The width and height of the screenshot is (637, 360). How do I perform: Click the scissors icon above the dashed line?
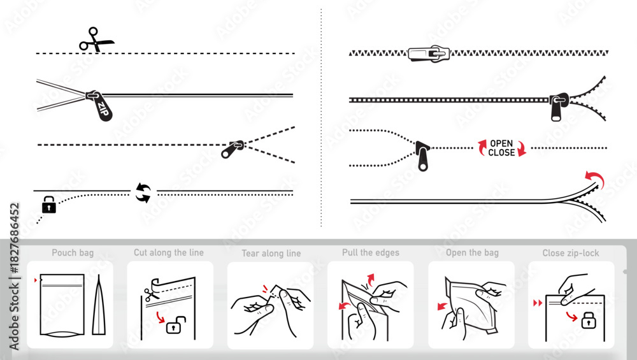coord(96,40)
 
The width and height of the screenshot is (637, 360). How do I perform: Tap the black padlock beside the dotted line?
coord(49,205)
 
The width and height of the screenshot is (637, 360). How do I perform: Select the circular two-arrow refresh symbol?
coord(143,193)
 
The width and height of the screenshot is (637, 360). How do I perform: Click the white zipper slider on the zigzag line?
coord(429,54)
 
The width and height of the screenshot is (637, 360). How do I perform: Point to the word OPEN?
coord(501,143)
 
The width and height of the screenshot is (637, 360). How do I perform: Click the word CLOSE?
coord(501,152)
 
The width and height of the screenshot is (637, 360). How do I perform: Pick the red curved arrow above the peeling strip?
coord(595,178)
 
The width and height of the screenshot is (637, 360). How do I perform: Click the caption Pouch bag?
coord(73,253)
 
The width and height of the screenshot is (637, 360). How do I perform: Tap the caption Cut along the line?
coord(169,252)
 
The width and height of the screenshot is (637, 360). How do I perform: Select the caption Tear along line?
coord(271,253)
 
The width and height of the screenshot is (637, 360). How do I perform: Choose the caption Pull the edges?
coord(371,252)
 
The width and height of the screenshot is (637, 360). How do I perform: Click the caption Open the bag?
coord(472,253)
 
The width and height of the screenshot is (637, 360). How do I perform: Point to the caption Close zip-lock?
coord(571,253)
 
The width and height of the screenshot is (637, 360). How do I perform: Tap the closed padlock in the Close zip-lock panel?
coord(588,320)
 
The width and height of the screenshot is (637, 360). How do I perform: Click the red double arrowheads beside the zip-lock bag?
coord(538,303)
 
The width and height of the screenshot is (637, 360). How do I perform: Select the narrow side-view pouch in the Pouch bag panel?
coord(99,305)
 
